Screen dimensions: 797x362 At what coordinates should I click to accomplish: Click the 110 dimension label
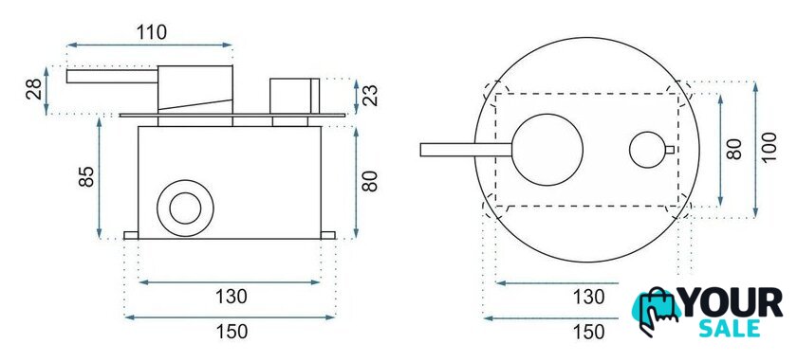click(151, 32)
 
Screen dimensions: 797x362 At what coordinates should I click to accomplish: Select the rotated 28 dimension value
click(34, 89)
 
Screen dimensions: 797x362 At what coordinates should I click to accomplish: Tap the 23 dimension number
click(371, 96)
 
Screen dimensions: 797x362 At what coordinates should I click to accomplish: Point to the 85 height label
click(86, 176)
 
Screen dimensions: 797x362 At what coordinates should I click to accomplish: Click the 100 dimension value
click(769, 147)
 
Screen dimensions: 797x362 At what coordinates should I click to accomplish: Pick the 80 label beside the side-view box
click(369, 181)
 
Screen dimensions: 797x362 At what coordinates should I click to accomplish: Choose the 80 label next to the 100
click(734, 150)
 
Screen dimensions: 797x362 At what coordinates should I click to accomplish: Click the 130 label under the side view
click(231, 297)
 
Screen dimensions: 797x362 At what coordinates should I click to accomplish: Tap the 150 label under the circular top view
click(589, 332)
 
